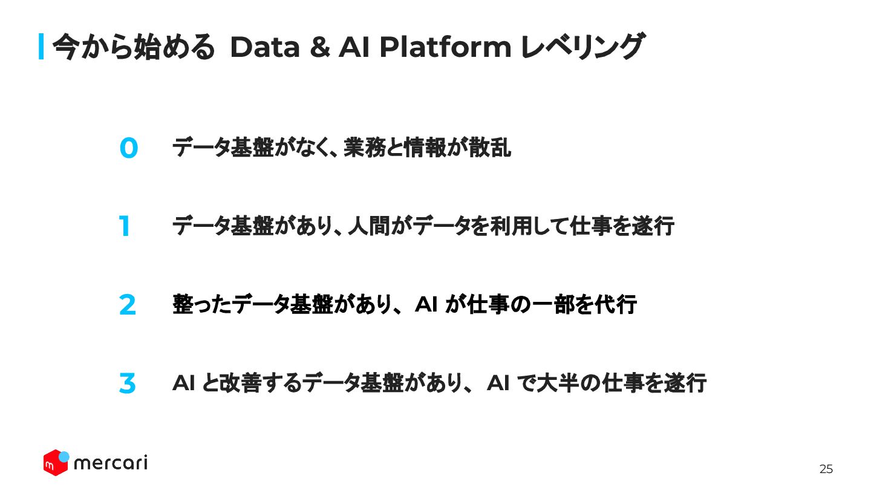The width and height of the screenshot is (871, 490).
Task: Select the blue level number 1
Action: pos(125,227)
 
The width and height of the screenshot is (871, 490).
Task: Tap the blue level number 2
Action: pos(128,305)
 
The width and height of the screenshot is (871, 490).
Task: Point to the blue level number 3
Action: pos(127,384)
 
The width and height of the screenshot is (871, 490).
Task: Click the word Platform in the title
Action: pos(445,47)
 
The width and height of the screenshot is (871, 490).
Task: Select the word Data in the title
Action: pos(265,47)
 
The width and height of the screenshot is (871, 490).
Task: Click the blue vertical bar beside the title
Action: pos(42,47)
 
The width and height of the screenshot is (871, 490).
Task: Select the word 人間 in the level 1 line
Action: pos(370,227)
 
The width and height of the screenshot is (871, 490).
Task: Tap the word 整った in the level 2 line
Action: pos(202,305)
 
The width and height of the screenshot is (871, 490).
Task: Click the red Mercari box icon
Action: pos(54,463)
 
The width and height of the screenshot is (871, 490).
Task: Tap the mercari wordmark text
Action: pos(110,463)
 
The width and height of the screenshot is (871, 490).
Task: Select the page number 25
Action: pos(826,469)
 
